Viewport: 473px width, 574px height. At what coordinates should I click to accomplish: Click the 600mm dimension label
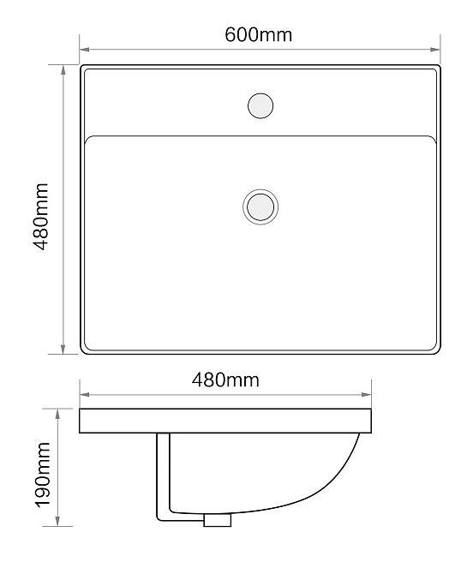point(259,35)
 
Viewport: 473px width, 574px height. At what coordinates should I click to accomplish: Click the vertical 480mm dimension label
point(40,217)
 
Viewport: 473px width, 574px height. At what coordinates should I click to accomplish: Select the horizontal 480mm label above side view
point(225,380)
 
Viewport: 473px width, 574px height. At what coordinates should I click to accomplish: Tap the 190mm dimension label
point(43,475)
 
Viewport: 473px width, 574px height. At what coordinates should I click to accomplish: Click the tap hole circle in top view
point(260,105)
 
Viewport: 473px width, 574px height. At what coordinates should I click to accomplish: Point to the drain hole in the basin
point(260,206)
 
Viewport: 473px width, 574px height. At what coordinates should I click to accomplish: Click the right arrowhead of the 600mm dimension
point(435,50)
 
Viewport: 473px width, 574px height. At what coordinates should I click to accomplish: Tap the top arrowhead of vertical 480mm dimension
point(63,70)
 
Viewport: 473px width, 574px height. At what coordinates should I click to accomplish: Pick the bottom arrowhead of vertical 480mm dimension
point(63,349)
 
